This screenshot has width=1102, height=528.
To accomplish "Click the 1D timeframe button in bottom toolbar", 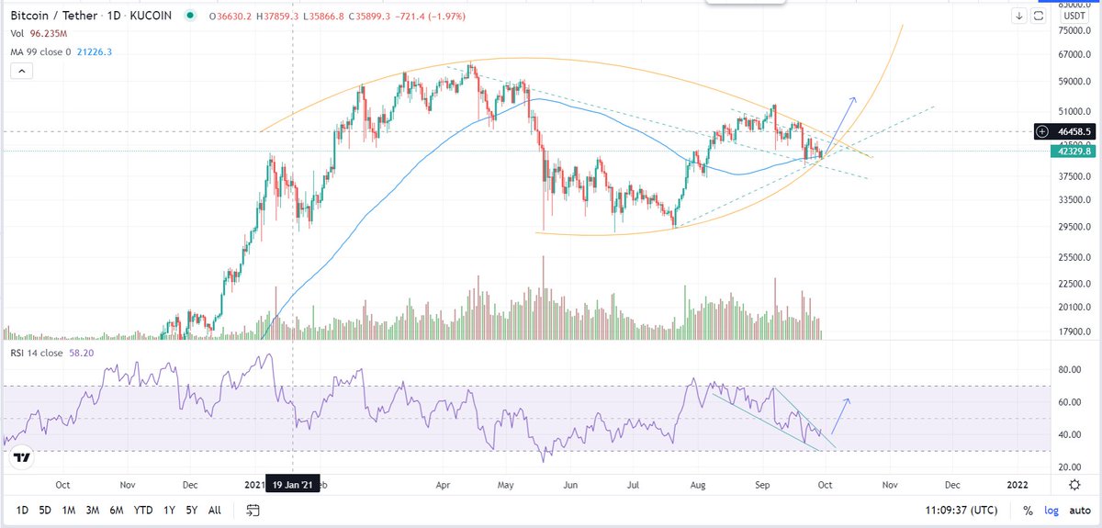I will pos(21,510).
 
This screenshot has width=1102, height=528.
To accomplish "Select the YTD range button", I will pos(142,510).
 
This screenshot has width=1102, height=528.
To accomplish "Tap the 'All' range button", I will pos(214,510).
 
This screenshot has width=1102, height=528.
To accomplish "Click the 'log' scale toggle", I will pos(1051,510).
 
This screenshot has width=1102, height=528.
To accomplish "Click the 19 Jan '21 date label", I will pos(292,485).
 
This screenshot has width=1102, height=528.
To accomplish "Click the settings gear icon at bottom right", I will pos(1074,484).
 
